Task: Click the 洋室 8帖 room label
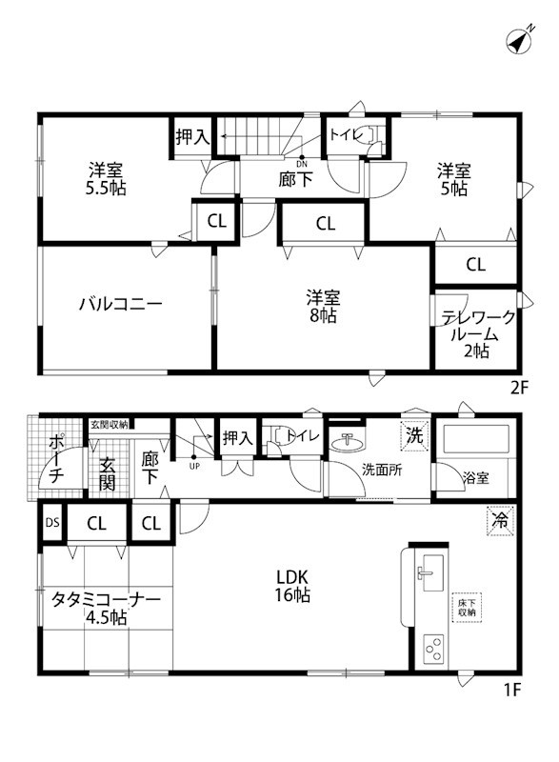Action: (321, 306)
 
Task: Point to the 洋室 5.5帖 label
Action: (106, 178)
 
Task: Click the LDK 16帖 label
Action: (292, 586)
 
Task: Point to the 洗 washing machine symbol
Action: (414, 435)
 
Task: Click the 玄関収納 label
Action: (110, 425)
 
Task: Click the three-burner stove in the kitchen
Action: (433, 650)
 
